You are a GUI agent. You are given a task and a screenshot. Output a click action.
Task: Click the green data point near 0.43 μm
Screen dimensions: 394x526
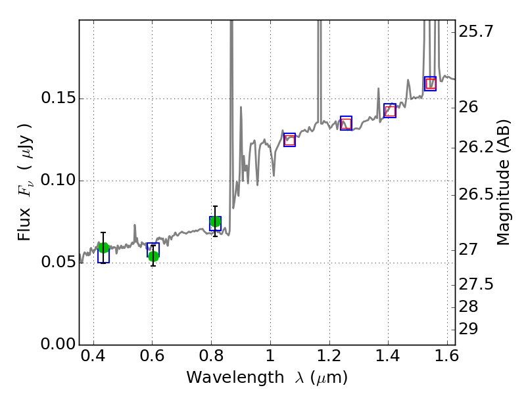pyautogui.click(x=103, y=248)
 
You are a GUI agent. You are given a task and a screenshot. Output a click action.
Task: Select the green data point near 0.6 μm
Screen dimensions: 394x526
pyautogui.click(x=153, y=256)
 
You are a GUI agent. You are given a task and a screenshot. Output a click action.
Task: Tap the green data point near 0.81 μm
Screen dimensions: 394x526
pyautogui.click(x=215, y=221)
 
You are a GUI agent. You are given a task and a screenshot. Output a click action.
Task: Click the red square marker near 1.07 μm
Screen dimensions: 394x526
pyautogui.click(x=289, y=139)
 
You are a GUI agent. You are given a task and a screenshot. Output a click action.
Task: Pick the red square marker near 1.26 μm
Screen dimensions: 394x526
pyautogui.click(x=346, y=124)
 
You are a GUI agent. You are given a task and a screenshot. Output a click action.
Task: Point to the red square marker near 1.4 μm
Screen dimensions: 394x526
pyautogui.click(x=390, y=111)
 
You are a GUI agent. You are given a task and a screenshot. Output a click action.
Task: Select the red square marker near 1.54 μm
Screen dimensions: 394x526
pyautogui.click(x=430, y=83)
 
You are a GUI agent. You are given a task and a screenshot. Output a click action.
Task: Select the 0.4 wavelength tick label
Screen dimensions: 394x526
pyautogui.click(x=93, y=359)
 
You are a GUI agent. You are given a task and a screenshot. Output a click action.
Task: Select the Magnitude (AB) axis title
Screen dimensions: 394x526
pyautogui.click(x=504, y=182)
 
